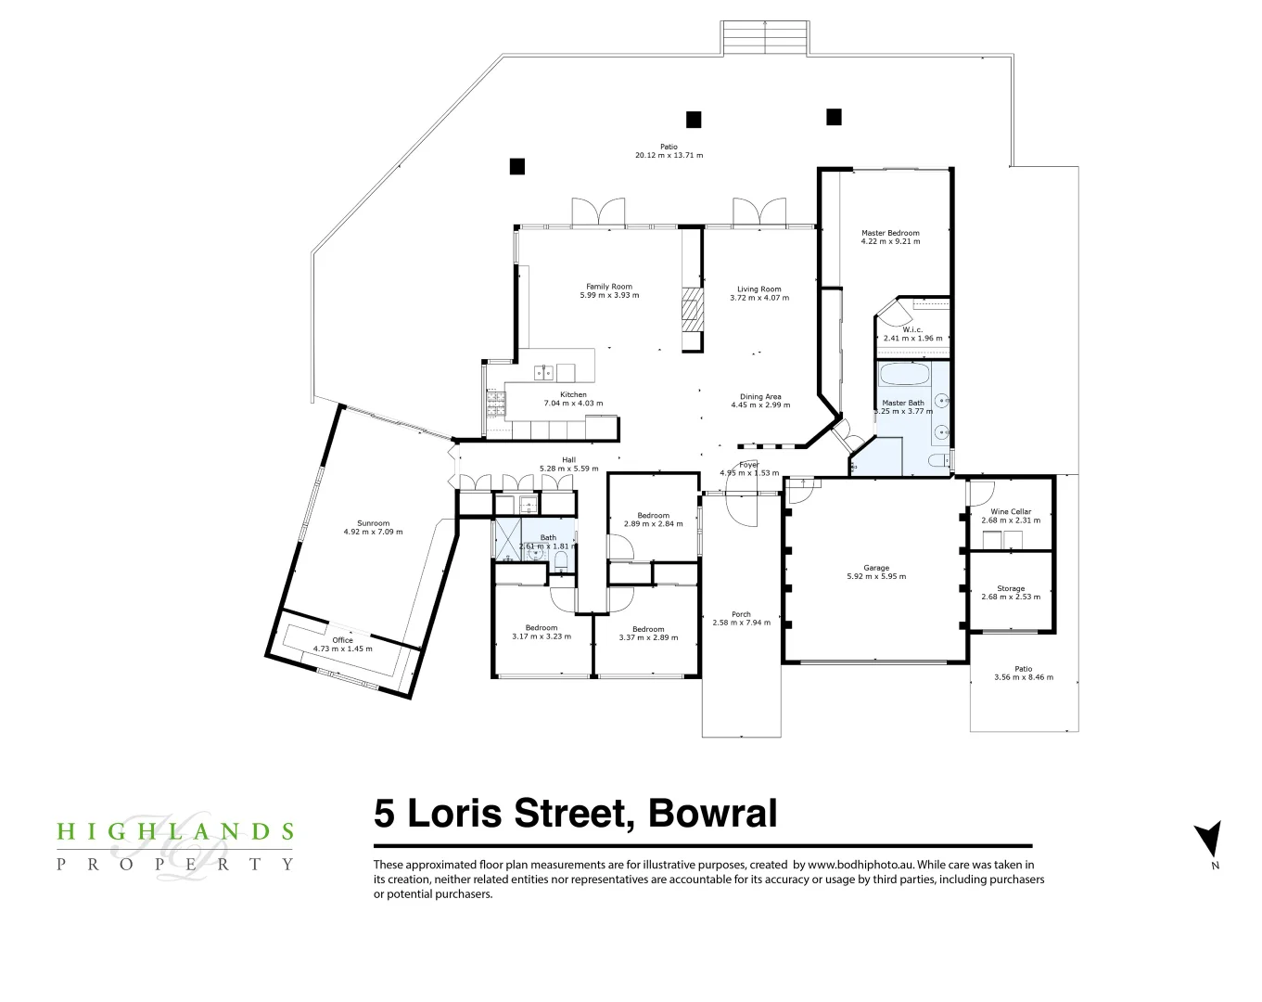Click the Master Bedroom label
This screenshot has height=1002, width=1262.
tap(890, 233)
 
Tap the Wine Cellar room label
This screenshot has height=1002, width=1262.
tap(1011, 511)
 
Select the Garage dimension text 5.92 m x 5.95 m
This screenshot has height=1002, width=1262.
tap(876, 576)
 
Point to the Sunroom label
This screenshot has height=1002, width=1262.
tap(373, 523)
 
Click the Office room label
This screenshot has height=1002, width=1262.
tap(342, 640)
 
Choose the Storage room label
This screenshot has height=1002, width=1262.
tap(1011, 588)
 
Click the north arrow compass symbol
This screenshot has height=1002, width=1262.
tap(1208, 840)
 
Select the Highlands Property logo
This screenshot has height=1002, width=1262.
tap(174, 846)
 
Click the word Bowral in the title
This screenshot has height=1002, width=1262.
tap(712, 814)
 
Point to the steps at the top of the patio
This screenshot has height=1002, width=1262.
tap(765, 38)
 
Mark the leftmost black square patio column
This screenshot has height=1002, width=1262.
tap(517, 166)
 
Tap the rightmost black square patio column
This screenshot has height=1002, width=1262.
tap(834, 117)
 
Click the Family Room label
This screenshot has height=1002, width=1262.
tap(609, 287)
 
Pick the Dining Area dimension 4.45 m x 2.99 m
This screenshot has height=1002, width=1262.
tap(760, 405)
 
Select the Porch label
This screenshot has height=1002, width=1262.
tap(741, 614)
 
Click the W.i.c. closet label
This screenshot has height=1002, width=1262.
tap(912, 329)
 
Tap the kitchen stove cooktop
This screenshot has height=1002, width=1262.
tap(496, 403)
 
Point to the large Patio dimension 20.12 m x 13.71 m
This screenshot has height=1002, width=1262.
tap(669, 155)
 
